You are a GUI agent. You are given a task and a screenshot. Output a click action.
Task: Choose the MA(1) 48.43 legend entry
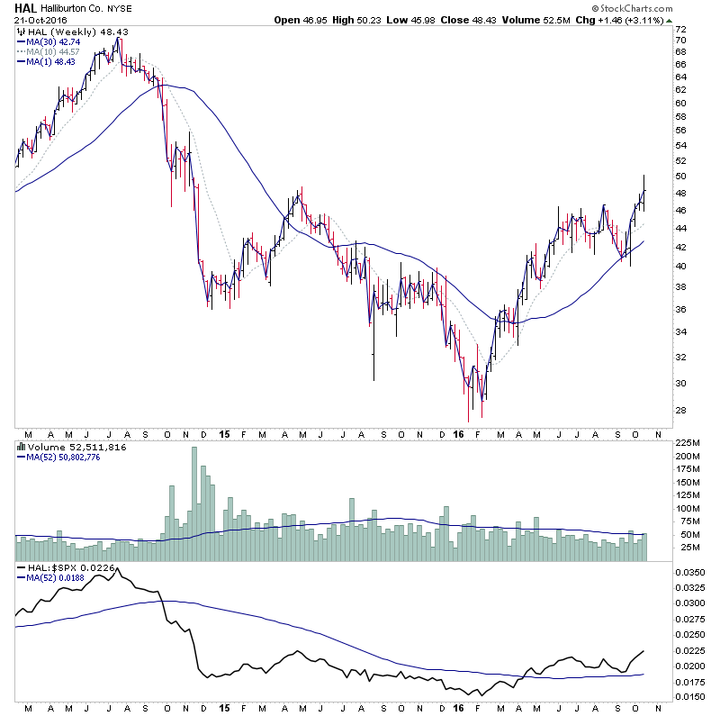[48, 61]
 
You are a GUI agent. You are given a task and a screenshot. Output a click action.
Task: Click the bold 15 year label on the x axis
[224, 433]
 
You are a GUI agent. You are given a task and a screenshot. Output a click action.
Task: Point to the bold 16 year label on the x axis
[459, 433]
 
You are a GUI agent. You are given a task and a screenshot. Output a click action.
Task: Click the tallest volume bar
[193, 504]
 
